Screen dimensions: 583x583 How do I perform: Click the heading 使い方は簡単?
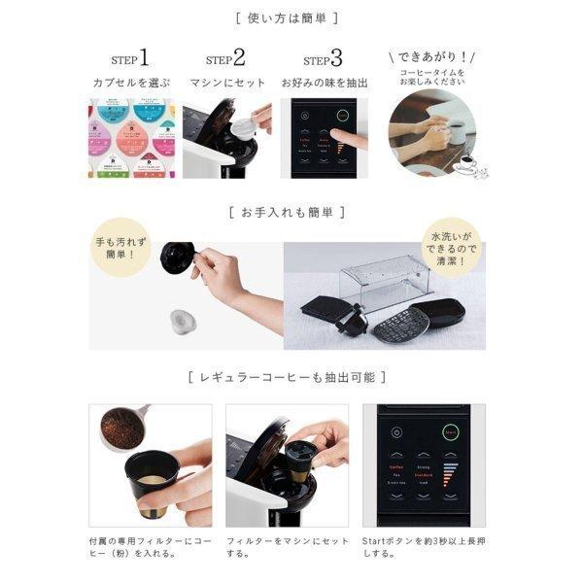click(291, 18)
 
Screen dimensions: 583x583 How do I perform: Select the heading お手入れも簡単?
click(291, 211)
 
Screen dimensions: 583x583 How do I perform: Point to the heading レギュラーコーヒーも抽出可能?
click(291, 376)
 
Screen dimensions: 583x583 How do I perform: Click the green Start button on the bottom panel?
click(449, 433)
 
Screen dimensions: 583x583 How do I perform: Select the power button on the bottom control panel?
click(397, 433)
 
